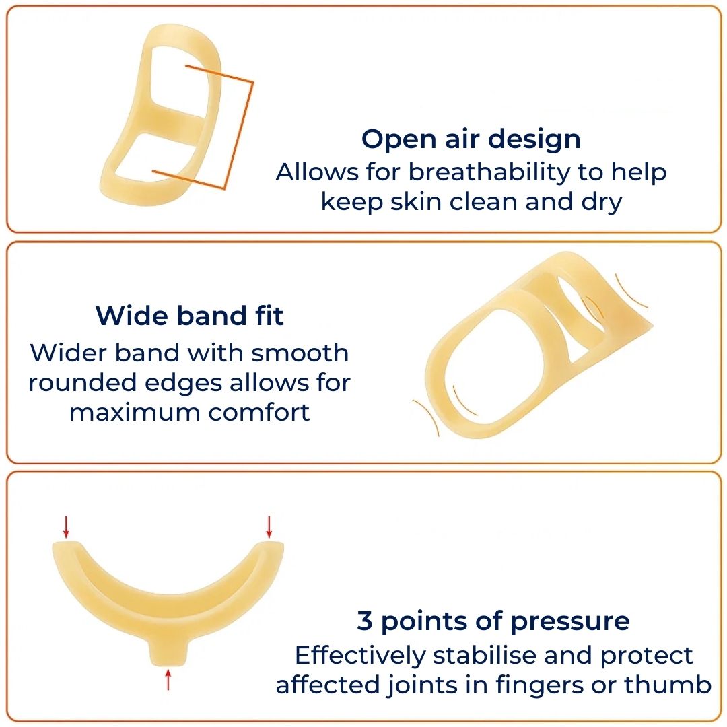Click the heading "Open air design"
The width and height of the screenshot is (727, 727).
pos(471,139)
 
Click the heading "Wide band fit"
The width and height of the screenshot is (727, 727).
pos(189,316)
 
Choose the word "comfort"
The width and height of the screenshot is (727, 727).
pos(258,412)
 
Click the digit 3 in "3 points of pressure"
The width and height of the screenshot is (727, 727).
pos(365,621)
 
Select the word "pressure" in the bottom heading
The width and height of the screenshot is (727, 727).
pos(570,623)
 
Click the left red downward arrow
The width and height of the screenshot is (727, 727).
pos(66,527)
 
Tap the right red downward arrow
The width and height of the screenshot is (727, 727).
pos(269,527)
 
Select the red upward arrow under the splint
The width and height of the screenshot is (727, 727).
pos(168,679)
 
